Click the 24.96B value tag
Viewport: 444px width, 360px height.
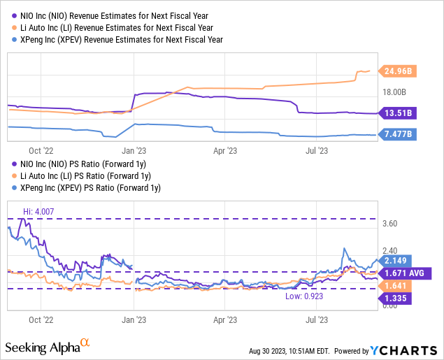pos(398,71)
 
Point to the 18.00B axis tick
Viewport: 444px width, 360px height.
pos(394,92)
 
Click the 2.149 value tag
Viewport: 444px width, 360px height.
pos(398,260)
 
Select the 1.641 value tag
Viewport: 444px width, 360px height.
pos(398,285)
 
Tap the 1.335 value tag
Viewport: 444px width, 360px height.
pos(398,298)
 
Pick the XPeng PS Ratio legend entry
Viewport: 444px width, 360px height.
pos(87,187)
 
